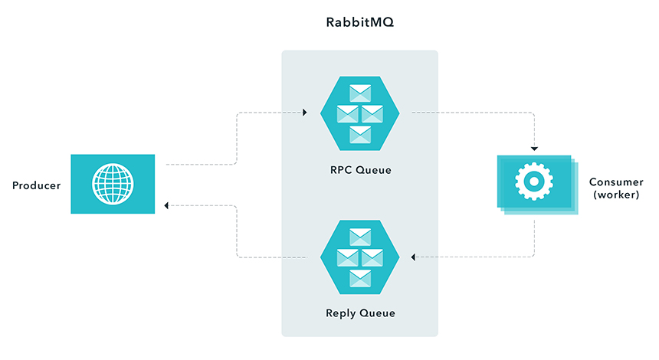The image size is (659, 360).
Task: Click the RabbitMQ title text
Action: (360, 23)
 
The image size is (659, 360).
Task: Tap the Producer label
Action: (36, 185)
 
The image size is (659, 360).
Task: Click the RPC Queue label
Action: (360, 170)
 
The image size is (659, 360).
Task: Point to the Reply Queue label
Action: (360, 313)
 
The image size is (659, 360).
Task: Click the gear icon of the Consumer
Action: (533, 182)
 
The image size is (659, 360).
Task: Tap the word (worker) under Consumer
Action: (614, 195)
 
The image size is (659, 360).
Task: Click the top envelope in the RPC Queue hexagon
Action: (360, 93)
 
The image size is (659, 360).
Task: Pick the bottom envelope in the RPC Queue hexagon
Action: (360, 136)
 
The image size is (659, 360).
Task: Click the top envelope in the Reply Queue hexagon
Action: (360, 236)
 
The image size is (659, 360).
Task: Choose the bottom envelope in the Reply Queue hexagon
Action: (360, 278)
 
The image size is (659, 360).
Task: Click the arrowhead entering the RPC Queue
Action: (304, 113)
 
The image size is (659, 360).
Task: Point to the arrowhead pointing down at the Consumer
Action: (534, 147)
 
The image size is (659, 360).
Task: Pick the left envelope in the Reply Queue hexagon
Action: (348, 257)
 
